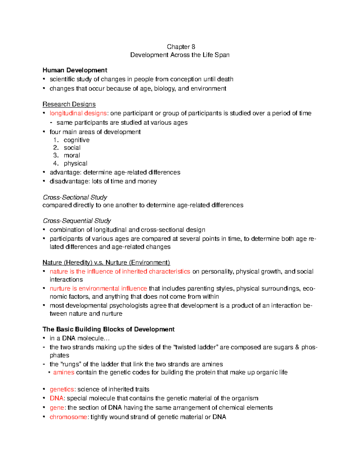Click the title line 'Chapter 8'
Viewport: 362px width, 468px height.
click(x=181, y=47)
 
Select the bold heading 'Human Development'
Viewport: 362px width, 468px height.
click(x=75, y=70)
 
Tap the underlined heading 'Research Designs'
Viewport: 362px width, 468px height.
click(x=69, y=104)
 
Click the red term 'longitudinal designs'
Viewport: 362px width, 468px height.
click(x=78, y=113)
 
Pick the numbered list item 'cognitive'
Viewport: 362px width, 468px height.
click(x=77, y=140)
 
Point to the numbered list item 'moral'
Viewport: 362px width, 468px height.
click(x=72, y=155)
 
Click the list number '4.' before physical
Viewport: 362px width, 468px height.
click(x=56, y=163)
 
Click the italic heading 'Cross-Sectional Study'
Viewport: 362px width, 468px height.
click(x=75, y=197)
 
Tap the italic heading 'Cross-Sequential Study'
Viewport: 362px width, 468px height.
click(x=77, y=221)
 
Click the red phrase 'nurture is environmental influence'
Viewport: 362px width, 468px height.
click(x=98, y=289)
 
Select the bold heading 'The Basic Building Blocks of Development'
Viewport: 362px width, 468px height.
click(x=108, y=329)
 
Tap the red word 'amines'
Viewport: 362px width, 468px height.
click(x=64, y=372)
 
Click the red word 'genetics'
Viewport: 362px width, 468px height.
click(x=62, y=389)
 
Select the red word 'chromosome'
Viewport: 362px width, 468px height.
click(x=68, y=417)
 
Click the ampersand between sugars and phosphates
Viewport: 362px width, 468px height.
click(x=297, y=347)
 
